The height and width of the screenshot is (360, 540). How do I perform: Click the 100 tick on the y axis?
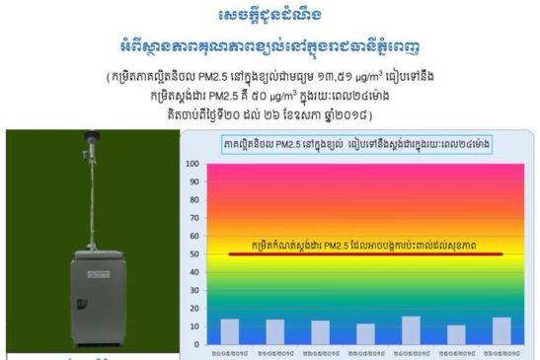tap(188, 163)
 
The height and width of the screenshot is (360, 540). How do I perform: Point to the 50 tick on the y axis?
tap(190, 254)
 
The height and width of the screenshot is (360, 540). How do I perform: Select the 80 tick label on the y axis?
tap(190, 199)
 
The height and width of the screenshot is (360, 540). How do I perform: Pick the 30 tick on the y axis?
tap(190, 290)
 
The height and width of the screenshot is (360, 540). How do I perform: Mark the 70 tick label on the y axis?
tap(190, 218)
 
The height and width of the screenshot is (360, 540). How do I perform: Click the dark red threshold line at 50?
tap(365, 254)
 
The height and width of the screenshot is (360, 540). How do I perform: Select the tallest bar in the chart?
tap(384, 329)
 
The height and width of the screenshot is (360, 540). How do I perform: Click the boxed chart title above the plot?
tap(357, 145)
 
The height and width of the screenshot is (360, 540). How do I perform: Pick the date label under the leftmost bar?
tap(229, 351)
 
